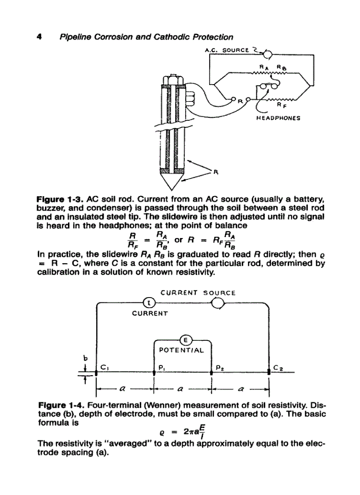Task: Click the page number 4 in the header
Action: [38, 37]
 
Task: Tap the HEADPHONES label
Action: [278, 118]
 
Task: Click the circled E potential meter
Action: [185, 339]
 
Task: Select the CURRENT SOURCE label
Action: [198, 292]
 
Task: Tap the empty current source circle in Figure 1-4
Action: [219, 303]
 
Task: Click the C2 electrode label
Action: [278, 366]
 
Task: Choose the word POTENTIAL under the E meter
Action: [181, 351]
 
